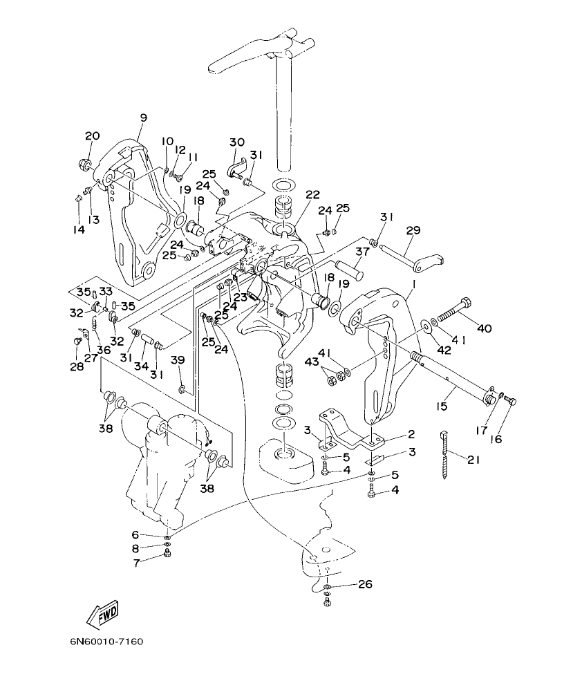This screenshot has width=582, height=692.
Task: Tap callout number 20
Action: pyautogui.click(x=93, y=135)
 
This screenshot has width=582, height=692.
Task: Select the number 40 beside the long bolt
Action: pyautogui.click(x=483, y=328)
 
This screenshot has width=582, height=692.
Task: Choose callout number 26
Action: pyautogui.click(x=365, y=584)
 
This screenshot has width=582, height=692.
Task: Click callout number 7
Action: pyautogui.click(x=135, y=563)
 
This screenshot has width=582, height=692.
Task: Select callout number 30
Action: pyautogui.click(x=237, y=142)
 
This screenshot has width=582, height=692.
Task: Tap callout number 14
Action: pyautogui.click(x=79, y=229)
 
